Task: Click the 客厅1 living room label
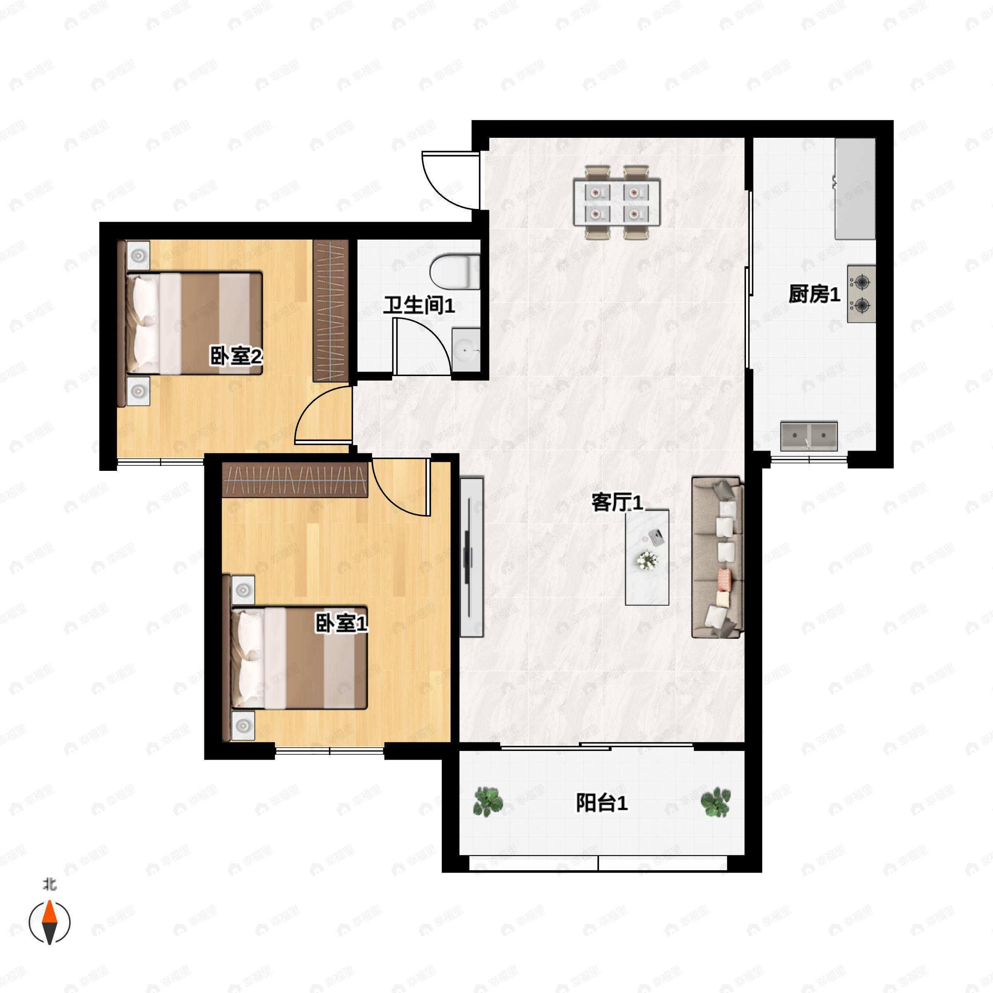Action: point(617,502)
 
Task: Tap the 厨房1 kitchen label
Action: point(814,294)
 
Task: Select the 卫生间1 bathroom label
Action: point(419,305)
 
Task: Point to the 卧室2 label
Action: point(236,356)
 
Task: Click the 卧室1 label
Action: point(341,624)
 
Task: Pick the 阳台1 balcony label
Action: point(601,803)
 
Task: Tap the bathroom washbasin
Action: point(465,350)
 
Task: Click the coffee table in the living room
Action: point(647,557)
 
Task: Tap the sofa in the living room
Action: point(717,557)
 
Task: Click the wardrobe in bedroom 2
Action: point(331,311)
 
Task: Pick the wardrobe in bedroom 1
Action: point(295,480)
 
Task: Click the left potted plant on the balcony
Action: point(487,801)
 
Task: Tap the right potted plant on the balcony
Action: point(715,802)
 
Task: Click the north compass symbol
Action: point(49,922)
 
